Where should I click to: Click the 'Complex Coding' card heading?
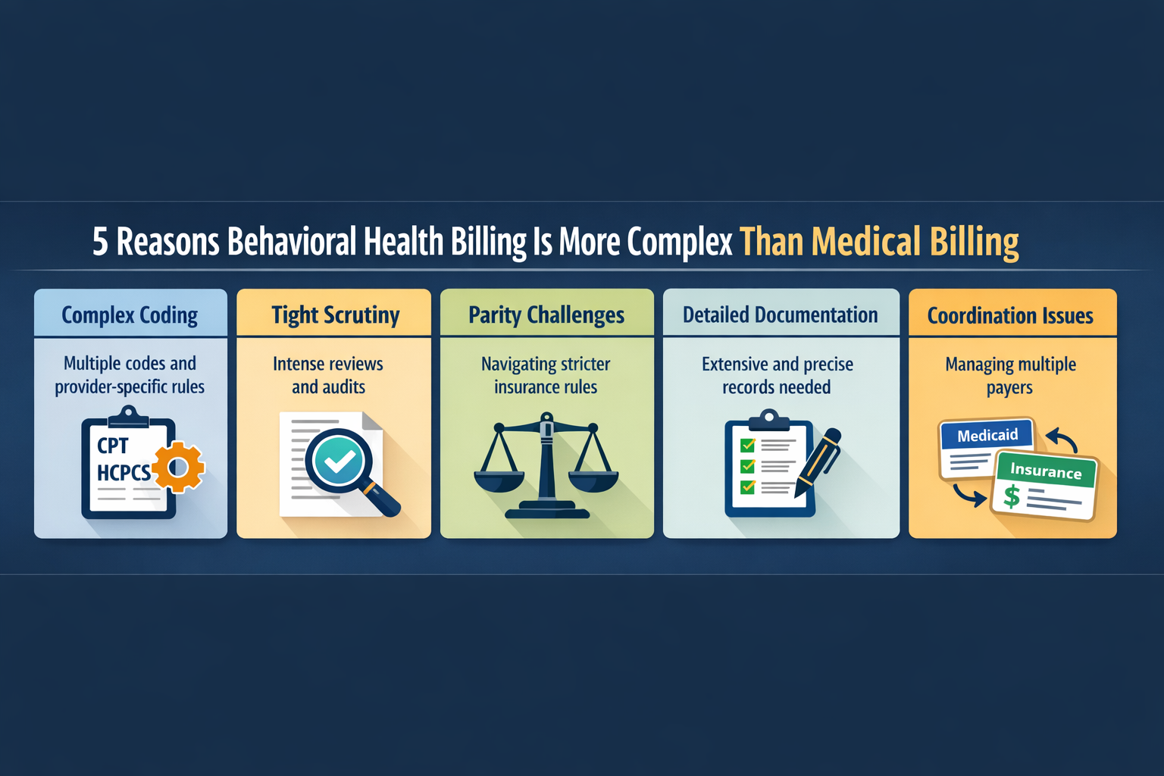tap(130, 315)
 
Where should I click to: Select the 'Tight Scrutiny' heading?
tap(335, 315)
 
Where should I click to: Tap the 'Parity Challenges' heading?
tap(546, 315)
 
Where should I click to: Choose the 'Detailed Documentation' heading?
tap(780, 315)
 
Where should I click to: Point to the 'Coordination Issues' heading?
tap(1010, 316)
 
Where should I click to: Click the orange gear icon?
tap(179, 467)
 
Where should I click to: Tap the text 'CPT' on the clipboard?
tap(113, 446)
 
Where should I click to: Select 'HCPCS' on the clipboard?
tap(124, 473)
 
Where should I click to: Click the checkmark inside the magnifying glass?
tap(337, 459)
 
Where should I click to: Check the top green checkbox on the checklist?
tap(748, 445)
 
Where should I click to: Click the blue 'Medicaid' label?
tap(987, 435)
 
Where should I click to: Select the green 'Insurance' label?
tap(1046, 471)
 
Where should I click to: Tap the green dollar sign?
tap(1012, 496)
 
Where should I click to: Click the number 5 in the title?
tap(100, 242)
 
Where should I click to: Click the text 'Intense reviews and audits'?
tap(328, 375)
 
